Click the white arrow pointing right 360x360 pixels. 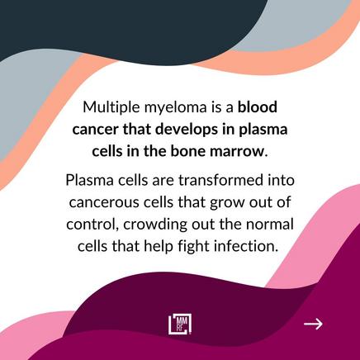click(x=313, y=324)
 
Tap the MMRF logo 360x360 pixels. click(x=180, y=324)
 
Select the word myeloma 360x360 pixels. click(x=176, y=108)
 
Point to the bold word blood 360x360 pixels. click(x=258, y=107)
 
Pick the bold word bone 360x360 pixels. click(x=188, y=151)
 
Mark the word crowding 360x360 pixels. click(x=155, y=225)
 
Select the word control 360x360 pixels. click(x=92, y=224)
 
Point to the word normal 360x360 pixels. click(x=269, y=225)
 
